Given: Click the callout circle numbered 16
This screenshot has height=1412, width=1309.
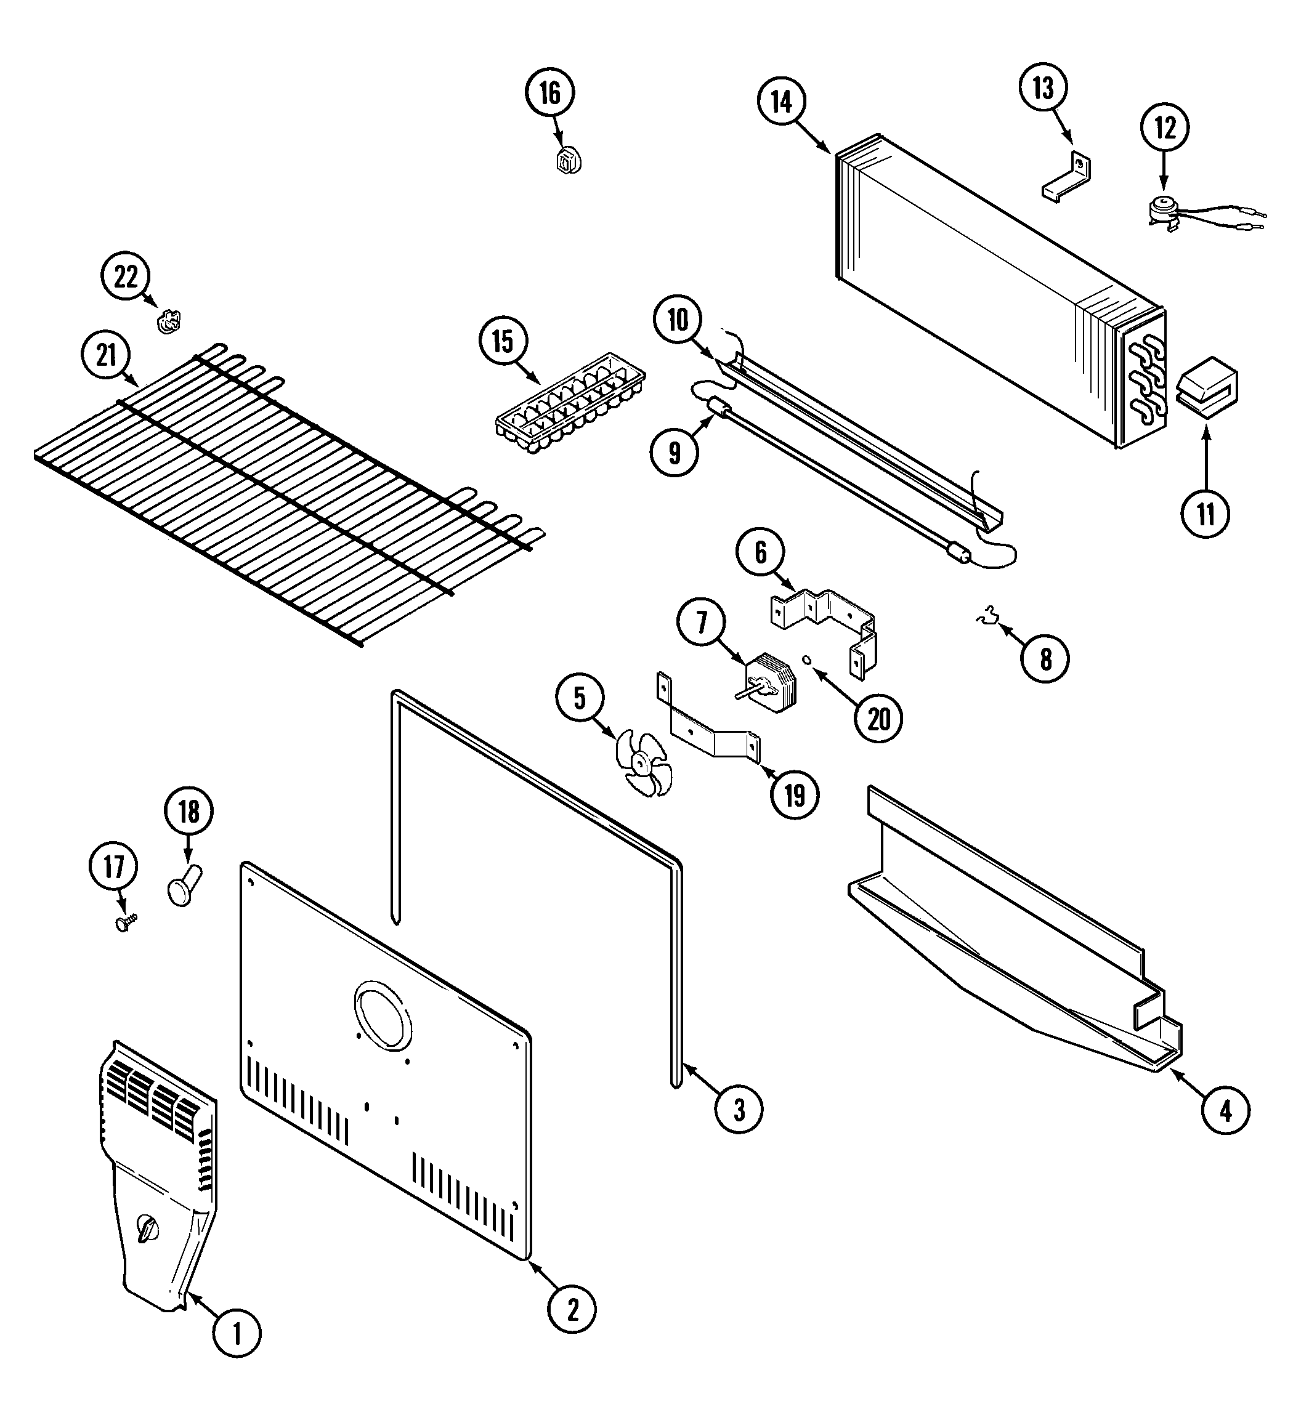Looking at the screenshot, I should (x=549, y=93).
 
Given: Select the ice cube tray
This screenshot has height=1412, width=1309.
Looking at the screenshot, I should (x=570, y=403).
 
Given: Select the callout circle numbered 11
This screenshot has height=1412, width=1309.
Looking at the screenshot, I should (x=1205, y=514).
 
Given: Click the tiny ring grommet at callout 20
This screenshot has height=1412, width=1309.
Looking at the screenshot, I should (x=806, y=660).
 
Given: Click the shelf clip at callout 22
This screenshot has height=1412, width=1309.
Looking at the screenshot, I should (x=169, y=322).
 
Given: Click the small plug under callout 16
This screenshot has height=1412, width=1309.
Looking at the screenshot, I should (x=568, y=161).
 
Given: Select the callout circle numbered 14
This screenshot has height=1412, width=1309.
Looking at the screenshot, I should (x=781, y=102).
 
